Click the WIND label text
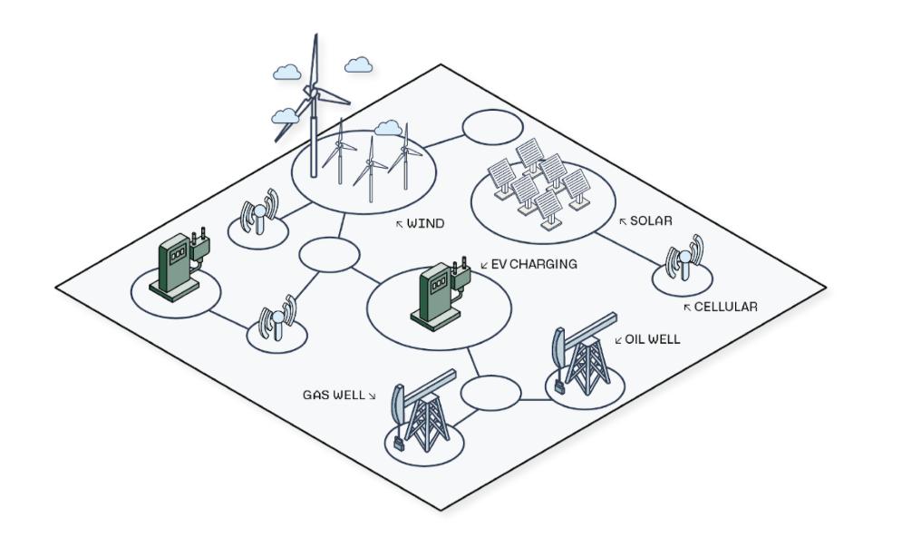[x=425, y=223]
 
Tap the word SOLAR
[x=651, y=220]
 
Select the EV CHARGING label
[x=534, y=264]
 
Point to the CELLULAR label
[x=725, y=307]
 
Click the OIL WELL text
[x=653, y=339]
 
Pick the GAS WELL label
[x=334, y=395]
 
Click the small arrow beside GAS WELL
[x=373, y=396]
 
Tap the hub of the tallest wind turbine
[x=311, y=92]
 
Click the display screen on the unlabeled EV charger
[x=177, y=252]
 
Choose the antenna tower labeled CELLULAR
[x=684, y=258]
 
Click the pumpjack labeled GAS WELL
[x=422, y=411]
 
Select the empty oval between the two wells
[x=491, y=393]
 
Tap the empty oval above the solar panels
[x=493, y=127]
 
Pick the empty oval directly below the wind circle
[x=330, y=254]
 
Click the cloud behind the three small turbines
[x=388, y=128]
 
